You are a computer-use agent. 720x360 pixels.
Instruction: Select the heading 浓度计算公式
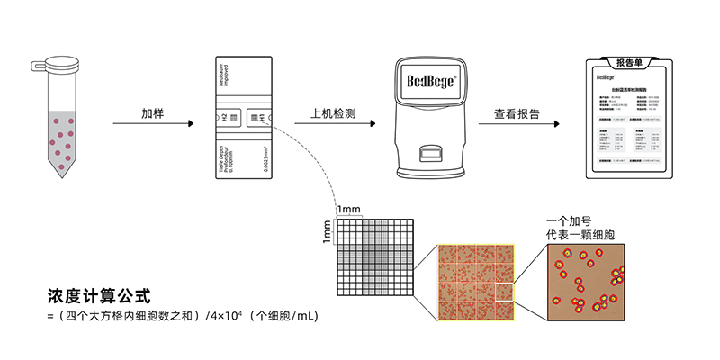coord(98,295)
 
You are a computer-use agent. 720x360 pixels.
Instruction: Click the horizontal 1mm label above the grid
coord(348,210)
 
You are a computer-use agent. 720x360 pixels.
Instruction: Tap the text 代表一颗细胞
coord(580,235)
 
